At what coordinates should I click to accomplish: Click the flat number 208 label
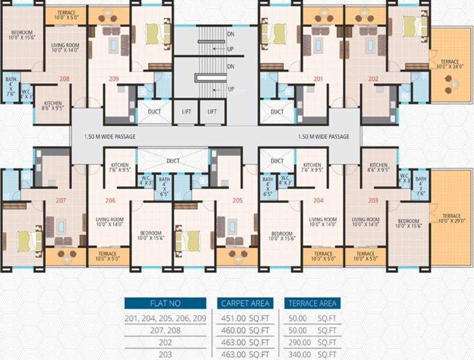64,79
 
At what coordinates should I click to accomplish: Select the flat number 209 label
114,79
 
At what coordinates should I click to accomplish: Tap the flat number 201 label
318,79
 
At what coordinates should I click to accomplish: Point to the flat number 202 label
373,79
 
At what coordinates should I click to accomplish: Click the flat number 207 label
61,200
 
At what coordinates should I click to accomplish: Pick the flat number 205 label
237,200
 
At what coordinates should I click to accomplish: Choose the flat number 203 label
373,200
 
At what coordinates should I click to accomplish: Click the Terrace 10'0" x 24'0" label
449,64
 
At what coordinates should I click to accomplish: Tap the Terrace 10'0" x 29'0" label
452,219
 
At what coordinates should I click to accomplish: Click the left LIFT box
186,112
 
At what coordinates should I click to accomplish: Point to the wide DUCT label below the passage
173,161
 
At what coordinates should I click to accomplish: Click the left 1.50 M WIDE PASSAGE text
110,137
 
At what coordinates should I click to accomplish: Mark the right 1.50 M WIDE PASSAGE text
324,137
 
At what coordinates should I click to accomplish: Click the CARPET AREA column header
245,303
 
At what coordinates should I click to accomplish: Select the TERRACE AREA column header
312,303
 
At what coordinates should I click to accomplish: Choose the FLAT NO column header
165,303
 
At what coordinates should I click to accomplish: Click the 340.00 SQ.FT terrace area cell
310,354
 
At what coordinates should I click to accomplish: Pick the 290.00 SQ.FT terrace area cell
310,343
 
